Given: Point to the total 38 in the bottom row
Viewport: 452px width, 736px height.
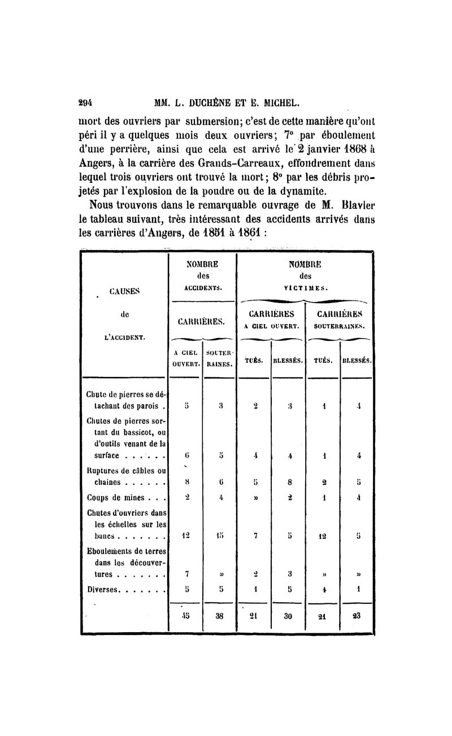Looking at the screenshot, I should pos(219,617).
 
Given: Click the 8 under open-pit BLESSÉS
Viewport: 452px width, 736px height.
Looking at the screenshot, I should pos(289,483).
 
